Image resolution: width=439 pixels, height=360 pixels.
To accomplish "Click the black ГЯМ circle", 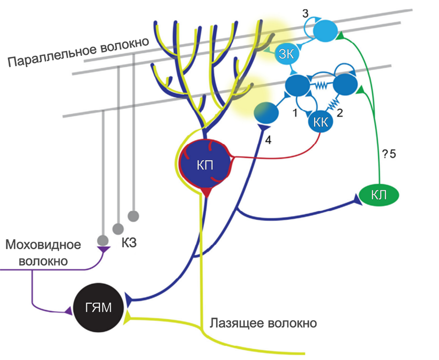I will (x=98, y=308).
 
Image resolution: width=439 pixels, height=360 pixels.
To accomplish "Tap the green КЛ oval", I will (x=379, y=195).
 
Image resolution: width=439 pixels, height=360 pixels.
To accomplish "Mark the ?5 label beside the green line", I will (x=389, y=154).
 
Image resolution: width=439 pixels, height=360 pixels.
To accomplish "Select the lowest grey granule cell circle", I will (x=102, y=240).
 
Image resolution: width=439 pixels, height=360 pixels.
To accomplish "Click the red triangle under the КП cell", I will (x=207, y=193).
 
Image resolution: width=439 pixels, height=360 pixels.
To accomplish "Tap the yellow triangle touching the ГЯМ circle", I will (x=128, y=317).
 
